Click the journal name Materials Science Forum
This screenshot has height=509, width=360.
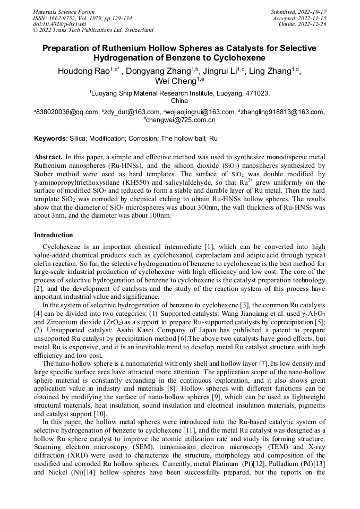click(64, 12)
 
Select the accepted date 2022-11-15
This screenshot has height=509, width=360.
click(314, 18)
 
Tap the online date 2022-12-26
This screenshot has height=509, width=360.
click(314, 24)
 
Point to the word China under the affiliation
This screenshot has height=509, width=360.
click(179, 100)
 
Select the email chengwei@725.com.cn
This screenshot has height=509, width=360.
click(180, 120)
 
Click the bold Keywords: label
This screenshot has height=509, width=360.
click(51, 139)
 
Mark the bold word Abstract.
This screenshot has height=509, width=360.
click(48, 158)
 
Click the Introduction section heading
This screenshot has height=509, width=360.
click(54, 235)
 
